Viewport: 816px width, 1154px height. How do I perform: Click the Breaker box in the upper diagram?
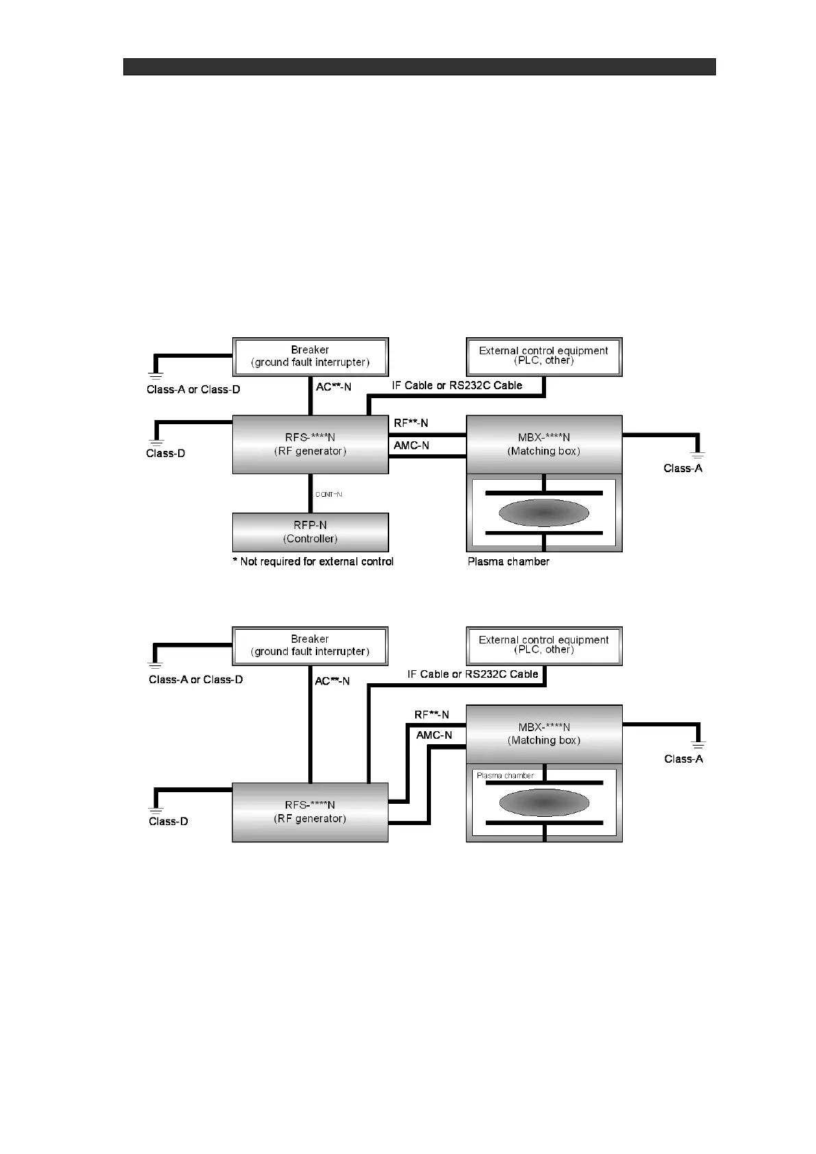point(310,356)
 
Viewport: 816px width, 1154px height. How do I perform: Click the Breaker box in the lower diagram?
point(310,646)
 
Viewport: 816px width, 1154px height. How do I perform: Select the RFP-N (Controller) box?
point(310,532)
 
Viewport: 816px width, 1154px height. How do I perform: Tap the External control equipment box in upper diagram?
point(544,356)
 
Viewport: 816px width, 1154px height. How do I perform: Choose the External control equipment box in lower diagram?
point(544,646)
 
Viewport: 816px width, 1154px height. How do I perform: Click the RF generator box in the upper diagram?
point(310,444)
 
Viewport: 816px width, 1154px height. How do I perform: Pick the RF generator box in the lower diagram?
point(310,812)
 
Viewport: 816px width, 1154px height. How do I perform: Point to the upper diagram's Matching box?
point(544,444)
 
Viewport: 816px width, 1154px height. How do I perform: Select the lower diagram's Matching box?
point(544,734)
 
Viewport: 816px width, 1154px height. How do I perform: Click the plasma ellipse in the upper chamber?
point(544,513)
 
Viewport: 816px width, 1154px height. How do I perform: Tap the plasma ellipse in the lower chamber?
point(544,802)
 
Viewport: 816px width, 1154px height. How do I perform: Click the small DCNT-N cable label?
point(329,494)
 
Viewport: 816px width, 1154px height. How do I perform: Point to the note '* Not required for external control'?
point(313,561)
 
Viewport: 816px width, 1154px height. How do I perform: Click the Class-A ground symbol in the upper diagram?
point(697,454)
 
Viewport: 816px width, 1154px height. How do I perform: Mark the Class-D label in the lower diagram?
point(169,821)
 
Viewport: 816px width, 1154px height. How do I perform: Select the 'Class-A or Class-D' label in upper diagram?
point(193,389)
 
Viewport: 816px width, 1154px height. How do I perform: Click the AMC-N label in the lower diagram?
point(434,735)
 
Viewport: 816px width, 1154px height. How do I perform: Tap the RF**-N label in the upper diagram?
point(411,423)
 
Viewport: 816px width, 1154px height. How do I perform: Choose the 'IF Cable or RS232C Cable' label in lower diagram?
point(473,674)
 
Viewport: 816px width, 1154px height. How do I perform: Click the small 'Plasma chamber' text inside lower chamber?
point(505,776)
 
